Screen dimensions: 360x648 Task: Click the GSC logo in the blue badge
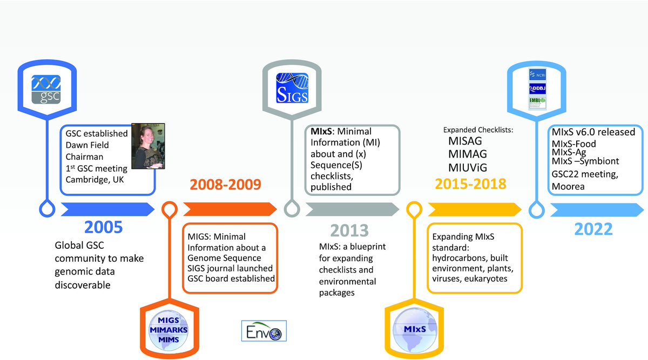(45, 89)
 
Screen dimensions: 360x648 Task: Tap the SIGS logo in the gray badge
(292, 88)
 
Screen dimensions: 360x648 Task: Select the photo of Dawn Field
(147, 146)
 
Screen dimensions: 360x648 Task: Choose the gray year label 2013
(349, 230)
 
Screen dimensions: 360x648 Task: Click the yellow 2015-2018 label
(470, 184)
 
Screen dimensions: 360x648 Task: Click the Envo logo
(264, 330)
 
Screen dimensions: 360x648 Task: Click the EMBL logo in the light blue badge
(537, 103)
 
